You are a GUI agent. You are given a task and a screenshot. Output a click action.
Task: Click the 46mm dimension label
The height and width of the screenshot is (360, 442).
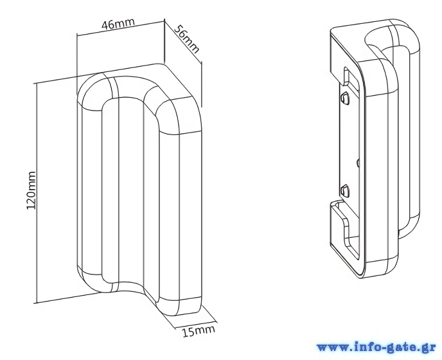coord(118,23)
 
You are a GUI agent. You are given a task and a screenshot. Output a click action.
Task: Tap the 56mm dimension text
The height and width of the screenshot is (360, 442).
coord(186,39)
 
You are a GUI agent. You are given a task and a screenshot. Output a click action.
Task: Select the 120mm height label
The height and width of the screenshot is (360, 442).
coord(31,190)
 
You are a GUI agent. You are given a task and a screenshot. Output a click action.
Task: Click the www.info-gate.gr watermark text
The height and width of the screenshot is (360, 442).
coord(376,348)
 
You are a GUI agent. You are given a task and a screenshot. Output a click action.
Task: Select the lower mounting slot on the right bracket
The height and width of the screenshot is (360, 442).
coord(346,191)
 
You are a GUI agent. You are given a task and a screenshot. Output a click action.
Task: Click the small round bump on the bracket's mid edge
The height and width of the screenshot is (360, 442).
coord(358,163)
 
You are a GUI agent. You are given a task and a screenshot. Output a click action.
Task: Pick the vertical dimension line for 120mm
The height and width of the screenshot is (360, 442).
coord(37,194)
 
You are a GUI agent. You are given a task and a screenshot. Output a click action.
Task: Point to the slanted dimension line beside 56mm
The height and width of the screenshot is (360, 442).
coord(183,41)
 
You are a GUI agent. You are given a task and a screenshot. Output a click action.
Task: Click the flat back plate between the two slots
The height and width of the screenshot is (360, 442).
coord(349,145)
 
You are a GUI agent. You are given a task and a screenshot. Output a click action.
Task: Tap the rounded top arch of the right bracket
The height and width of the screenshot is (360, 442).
coord(392,31)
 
